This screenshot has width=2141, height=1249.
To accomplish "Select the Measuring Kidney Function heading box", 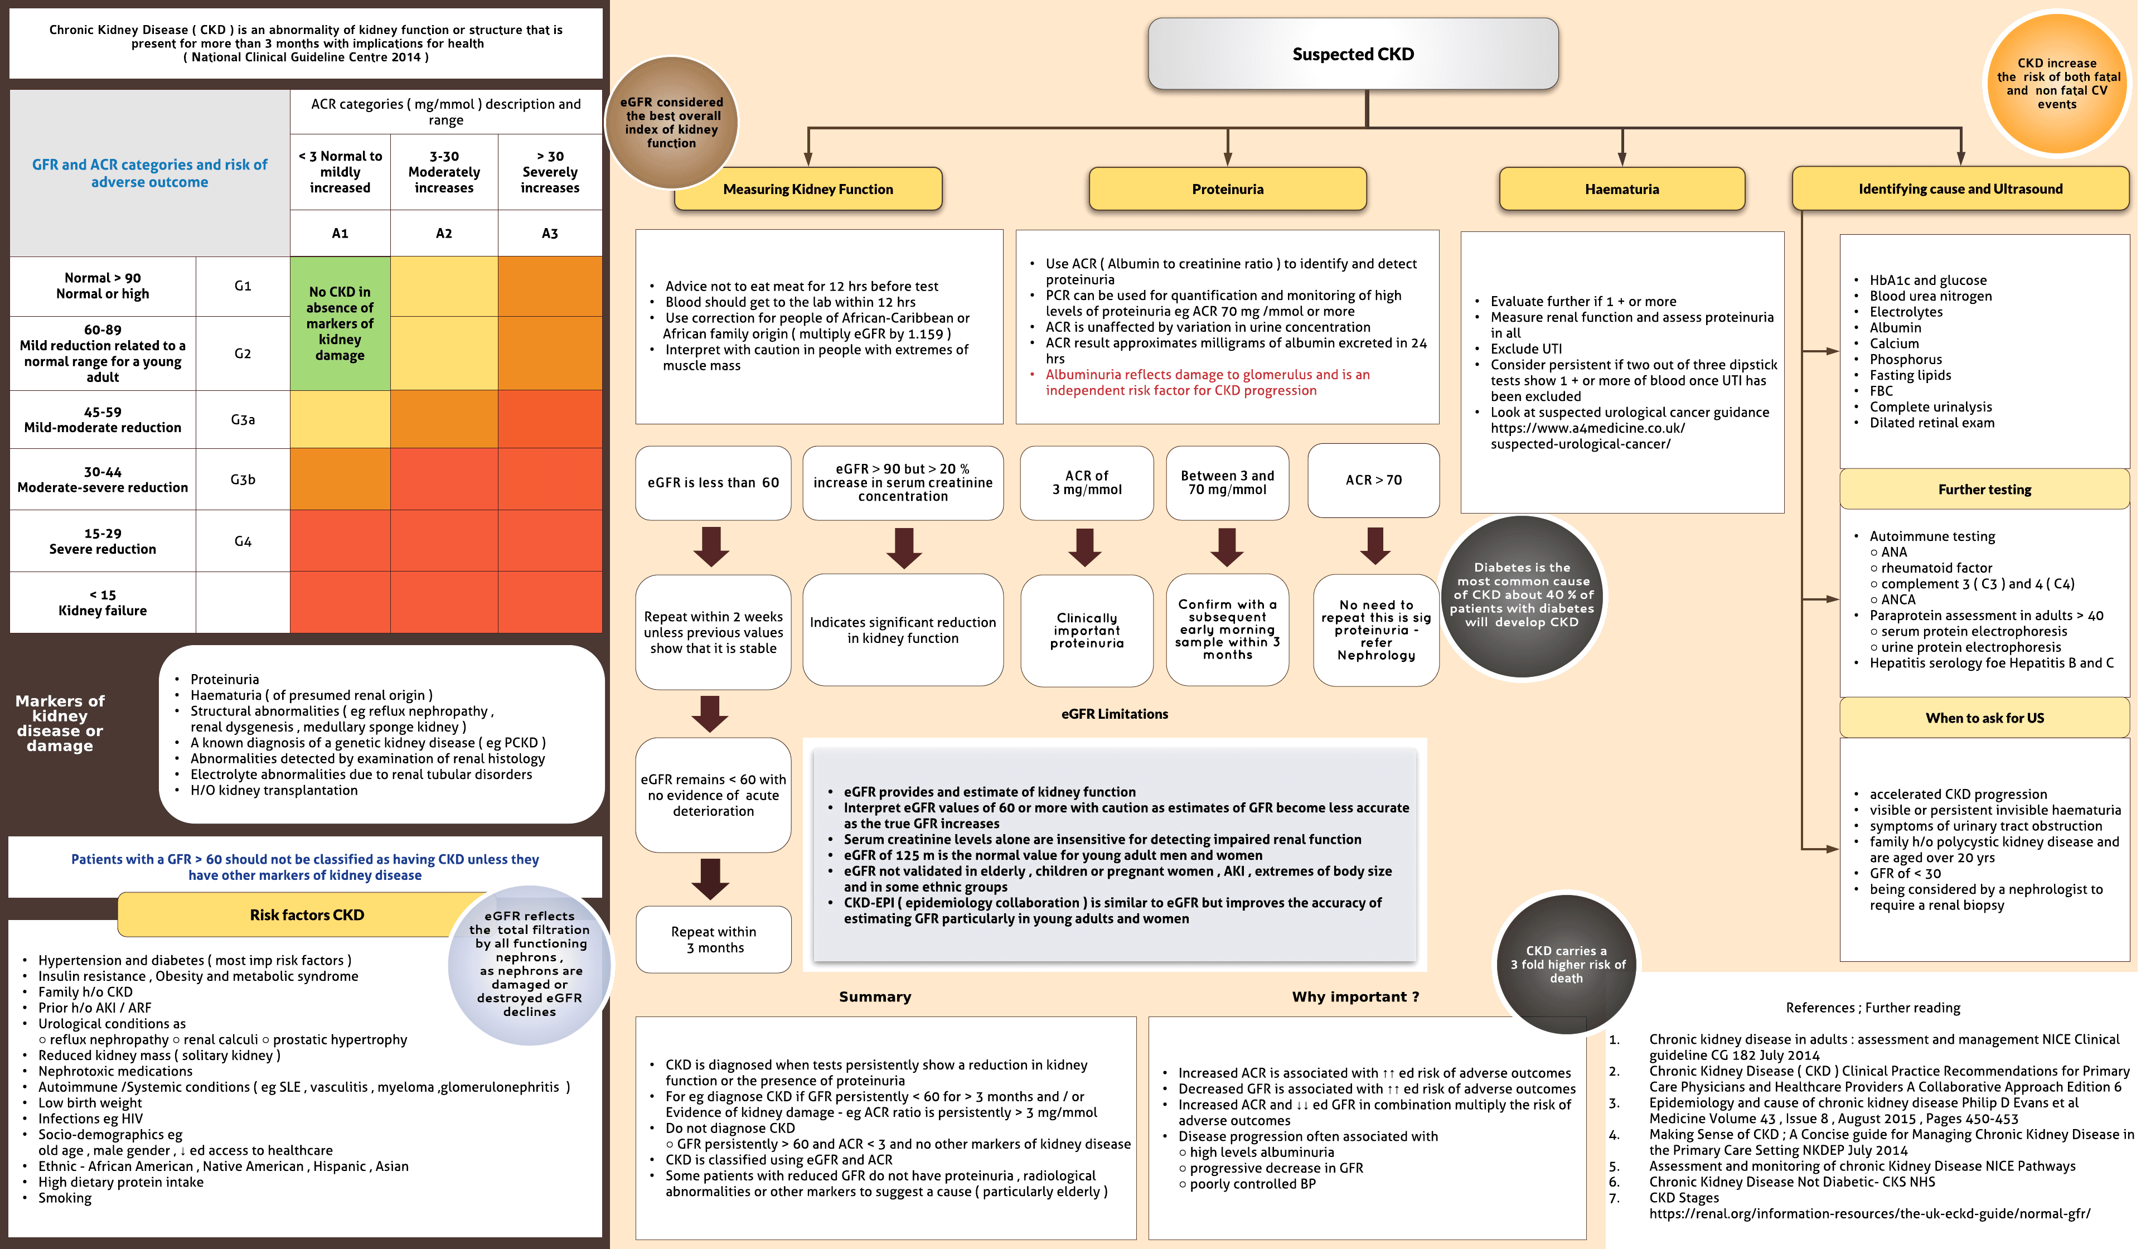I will [807, 188].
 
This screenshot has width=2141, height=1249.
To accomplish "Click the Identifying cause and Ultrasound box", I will [1959, 188].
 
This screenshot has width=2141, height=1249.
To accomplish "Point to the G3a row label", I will [243, 420].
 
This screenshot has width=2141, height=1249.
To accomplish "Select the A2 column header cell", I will [443, 233].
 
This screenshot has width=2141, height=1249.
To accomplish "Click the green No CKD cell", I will [340, 324].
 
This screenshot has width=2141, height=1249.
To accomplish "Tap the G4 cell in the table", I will [243, 541].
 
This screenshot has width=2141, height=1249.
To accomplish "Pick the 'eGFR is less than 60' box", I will [713, 483].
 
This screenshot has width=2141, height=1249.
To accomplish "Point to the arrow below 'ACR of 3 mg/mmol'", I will [1085, 547].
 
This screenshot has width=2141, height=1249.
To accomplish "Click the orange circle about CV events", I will [2056, 83].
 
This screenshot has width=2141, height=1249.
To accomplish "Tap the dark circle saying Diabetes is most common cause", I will [1522, 595].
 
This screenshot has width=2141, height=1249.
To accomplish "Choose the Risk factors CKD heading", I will [307, 915].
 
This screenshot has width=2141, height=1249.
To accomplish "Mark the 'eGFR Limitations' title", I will [1114, 714].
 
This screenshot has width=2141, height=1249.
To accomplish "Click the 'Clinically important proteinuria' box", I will [1087, 631].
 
